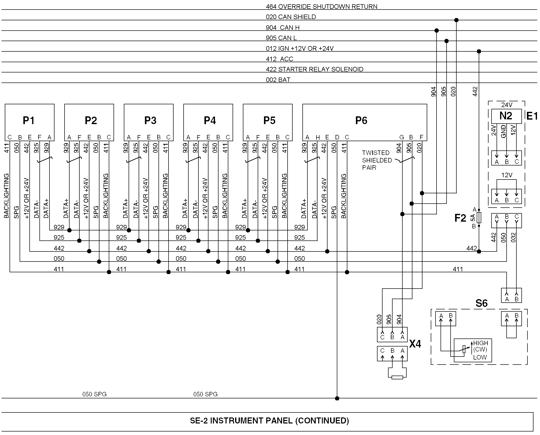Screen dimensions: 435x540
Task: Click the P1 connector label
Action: pos(29,121)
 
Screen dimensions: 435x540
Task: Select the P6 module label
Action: pos(361,121)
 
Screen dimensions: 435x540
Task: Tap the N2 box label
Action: pos(506,116)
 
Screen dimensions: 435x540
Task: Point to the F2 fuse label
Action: pos(460,218)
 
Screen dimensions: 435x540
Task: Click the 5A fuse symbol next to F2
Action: pos(479,218)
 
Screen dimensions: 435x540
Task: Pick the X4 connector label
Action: pos(415,344)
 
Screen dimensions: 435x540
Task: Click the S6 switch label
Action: pos(481,303)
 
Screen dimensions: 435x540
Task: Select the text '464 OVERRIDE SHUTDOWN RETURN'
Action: pos(321,7)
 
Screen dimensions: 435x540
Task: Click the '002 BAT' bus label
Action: pos(278,80)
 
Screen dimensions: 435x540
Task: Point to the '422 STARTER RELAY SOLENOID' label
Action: pos(314,69)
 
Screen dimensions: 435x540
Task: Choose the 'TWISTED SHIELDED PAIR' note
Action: pos(377,160)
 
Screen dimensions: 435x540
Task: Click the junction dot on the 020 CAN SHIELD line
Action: pos(456,20)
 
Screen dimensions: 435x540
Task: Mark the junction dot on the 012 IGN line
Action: pos(479,51)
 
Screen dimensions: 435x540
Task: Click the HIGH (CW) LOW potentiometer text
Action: pos(480,350)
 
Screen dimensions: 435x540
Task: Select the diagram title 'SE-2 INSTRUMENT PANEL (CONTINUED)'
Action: pos(269,420)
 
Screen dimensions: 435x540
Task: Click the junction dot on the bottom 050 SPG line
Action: pos(337,398)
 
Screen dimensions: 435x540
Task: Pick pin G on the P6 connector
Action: pos(402,137)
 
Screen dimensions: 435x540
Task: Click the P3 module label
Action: pos(150,121)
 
